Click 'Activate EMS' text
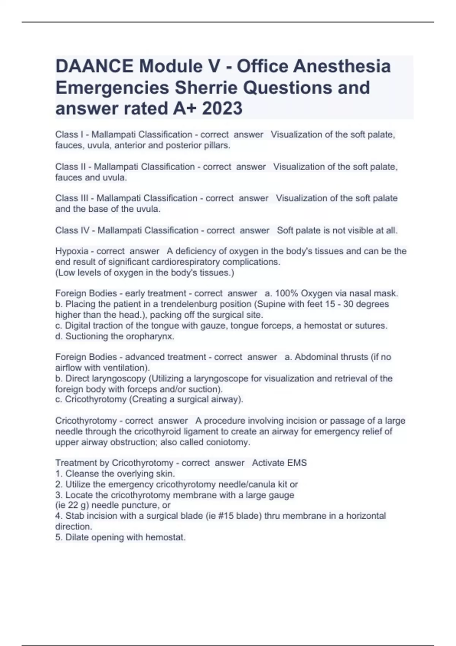click(279, 463)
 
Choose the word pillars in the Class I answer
click(217, 145)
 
